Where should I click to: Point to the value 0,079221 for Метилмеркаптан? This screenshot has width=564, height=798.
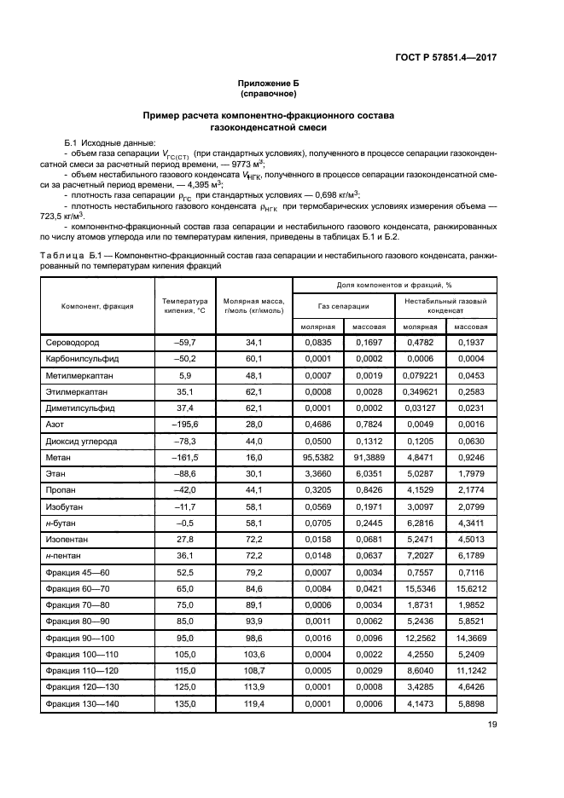pos(421,375)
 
